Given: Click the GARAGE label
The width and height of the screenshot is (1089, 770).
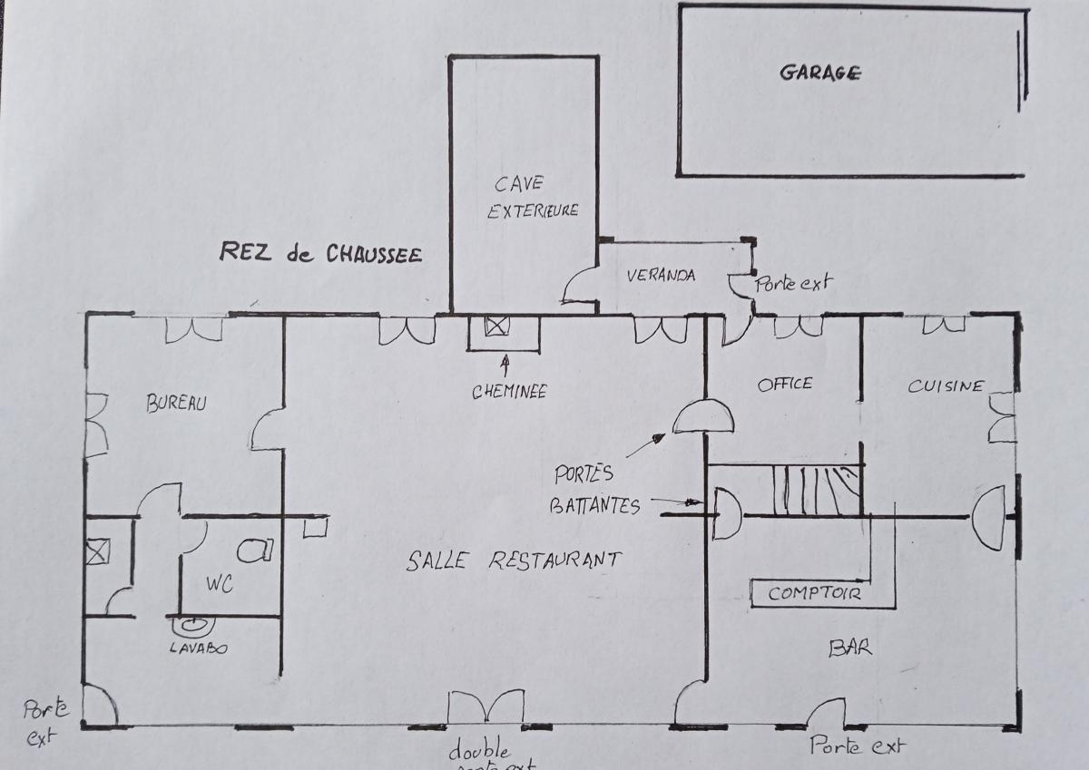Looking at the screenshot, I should pos(819,73).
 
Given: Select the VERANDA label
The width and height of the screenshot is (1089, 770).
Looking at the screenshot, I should pos(661,275).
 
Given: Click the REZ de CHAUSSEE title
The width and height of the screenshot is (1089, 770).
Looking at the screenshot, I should pos(320,253).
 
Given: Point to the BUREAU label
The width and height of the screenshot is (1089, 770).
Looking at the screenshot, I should pos(177,404).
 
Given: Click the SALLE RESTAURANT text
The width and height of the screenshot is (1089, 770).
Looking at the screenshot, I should pos(514,560).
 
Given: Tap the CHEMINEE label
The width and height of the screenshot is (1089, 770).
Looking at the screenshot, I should pos(509,392).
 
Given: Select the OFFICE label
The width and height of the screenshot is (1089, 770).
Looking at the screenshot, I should pos(785,384).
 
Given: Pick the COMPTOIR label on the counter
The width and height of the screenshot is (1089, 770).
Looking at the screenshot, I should pos(814,595).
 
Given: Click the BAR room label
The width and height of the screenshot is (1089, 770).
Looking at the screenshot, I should pos(850,648).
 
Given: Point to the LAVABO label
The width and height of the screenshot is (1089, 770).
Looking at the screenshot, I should pos(199,648).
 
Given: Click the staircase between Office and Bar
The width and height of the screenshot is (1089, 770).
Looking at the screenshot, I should pos(815,490).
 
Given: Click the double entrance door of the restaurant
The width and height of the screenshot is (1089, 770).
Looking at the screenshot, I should pos(486,707).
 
